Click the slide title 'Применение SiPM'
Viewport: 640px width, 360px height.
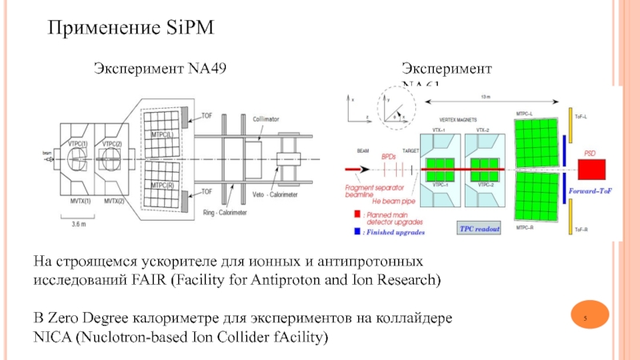coord(130,29)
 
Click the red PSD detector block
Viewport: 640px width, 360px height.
coord(592,169)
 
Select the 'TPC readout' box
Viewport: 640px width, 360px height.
coord(479,229)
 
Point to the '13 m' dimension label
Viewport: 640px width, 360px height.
coord(486,97)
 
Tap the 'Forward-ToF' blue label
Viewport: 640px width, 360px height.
coord(590,192)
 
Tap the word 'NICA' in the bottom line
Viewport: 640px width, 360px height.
coord(52,338)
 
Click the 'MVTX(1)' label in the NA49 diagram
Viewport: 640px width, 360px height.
coord(78,200)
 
